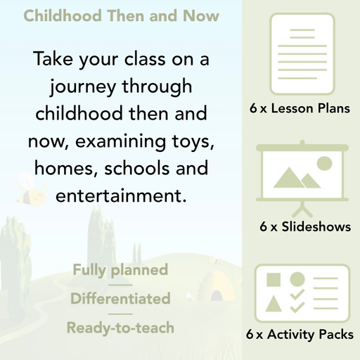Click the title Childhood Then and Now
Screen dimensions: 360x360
(x=121, y=15)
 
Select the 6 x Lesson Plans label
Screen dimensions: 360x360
(x=300, y=109)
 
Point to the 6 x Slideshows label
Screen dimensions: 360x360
(x=304, y=227)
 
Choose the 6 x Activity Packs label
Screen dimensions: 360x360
(x=300, y=335)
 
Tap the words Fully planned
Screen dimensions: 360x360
(x=120, y=270)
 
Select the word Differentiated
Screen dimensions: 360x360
(x=120, y=299)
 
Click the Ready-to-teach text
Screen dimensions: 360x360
(x=120, y=327)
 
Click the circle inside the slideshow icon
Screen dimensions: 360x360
(x=324, y=164)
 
